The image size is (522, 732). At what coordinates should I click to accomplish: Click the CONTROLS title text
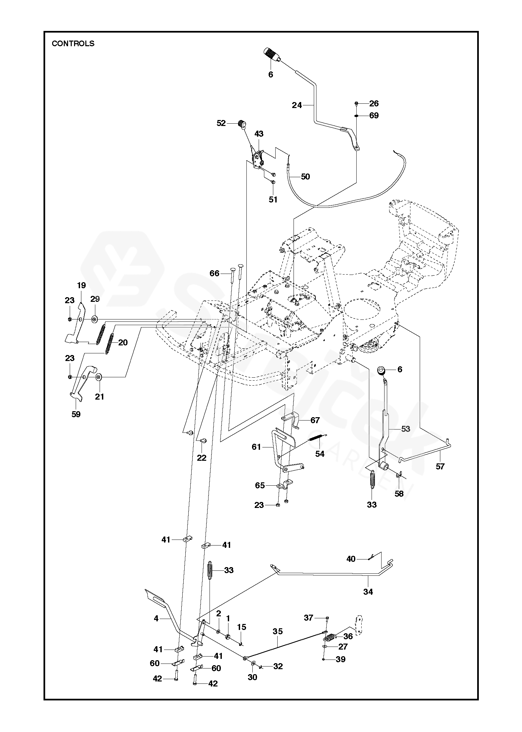[73, 44]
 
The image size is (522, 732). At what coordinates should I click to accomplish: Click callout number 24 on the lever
[297, 105]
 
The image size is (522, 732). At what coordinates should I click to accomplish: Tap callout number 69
[374, 115]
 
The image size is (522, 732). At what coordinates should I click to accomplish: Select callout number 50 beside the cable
[305, 177]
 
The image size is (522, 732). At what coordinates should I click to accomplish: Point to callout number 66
[215, 273]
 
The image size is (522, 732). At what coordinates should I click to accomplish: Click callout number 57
[440, 466]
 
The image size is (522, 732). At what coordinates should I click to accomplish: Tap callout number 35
[278, 631]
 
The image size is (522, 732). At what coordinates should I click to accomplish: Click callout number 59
[76, 414]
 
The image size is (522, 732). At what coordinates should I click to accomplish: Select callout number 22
[202, 458]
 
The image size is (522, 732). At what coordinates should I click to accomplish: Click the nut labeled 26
[356, 104]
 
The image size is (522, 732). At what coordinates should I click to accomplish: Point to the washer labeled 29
[94, 319]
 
